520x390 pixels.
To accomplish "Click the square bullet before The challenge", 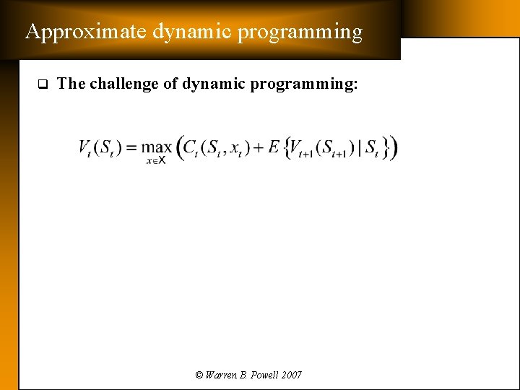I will [x=42, y=84].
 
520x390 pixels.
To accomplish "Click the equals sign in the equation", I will [x=131, y=148].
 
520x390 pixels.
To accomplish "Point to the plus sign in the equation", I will [x=257, y=148].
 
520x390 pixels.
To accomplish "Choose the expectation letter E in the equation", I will [x=274, y=147].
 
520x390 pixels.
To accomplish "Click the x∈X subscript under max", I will [x=156, y=160].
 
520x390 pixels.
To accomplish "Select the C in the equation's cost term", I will [x=191, y=147].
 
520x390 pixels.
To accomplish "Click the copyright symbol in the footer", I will [x=199, y=375].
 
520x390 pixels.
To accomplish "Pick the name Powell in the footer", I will [x=261, y=375].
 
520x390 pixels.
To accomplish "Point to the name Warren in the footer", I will [x=220, y=375].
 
